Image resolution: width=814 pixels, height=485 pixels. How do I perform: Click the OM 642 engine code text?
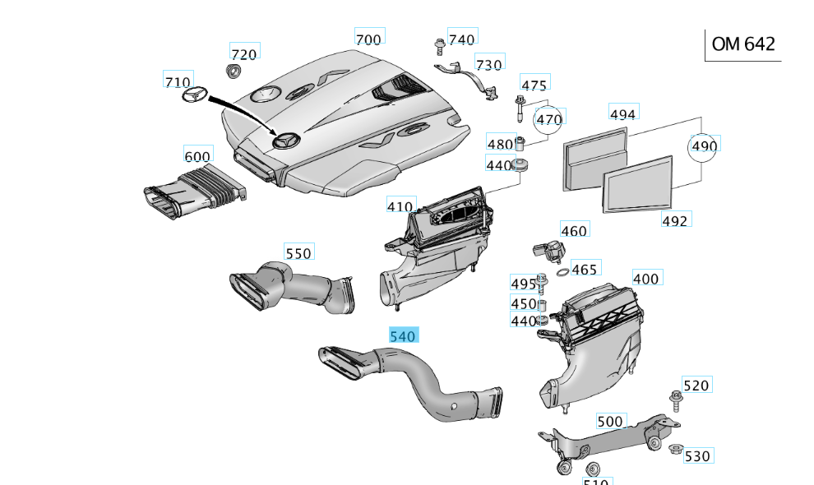point(743,44)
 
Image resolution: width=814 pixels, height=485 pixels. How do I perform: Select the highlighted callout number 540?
point(403,335)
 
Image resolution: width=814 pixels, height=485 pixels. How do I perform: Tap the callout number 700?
point(368,38)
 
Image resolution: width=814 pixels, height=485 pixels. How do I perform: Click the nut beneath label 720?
point(234,72)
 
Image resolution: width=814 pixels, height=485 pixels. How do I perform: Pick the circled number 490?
point(705,146)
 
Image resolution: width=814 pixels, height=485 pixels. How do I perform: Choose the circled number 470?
point(549,120)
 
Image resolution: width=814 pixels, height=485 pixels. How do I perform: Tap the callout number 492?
point(675,220)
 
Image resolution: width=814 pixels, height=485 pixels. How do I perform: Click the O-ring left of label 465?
point(560,272)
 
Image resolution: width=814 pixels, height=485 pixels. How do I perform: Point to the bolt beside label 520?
point(676,400)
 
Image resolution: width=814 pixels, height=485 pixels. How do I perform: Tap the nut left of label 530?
point(675,449)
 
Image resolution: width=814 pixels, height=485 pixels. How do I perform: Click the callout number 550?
point(298,253)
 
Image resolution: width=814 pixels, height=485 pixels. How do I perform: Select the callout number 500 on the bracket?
point(610,421)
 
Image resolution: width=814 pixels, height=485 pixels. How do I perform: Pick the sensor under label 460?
point(549,248)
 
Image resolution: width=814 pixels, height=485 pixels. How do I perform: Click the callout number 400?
point(645,279)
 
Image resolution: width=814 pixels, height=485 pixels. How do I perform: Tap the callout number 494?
point(622,114)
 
